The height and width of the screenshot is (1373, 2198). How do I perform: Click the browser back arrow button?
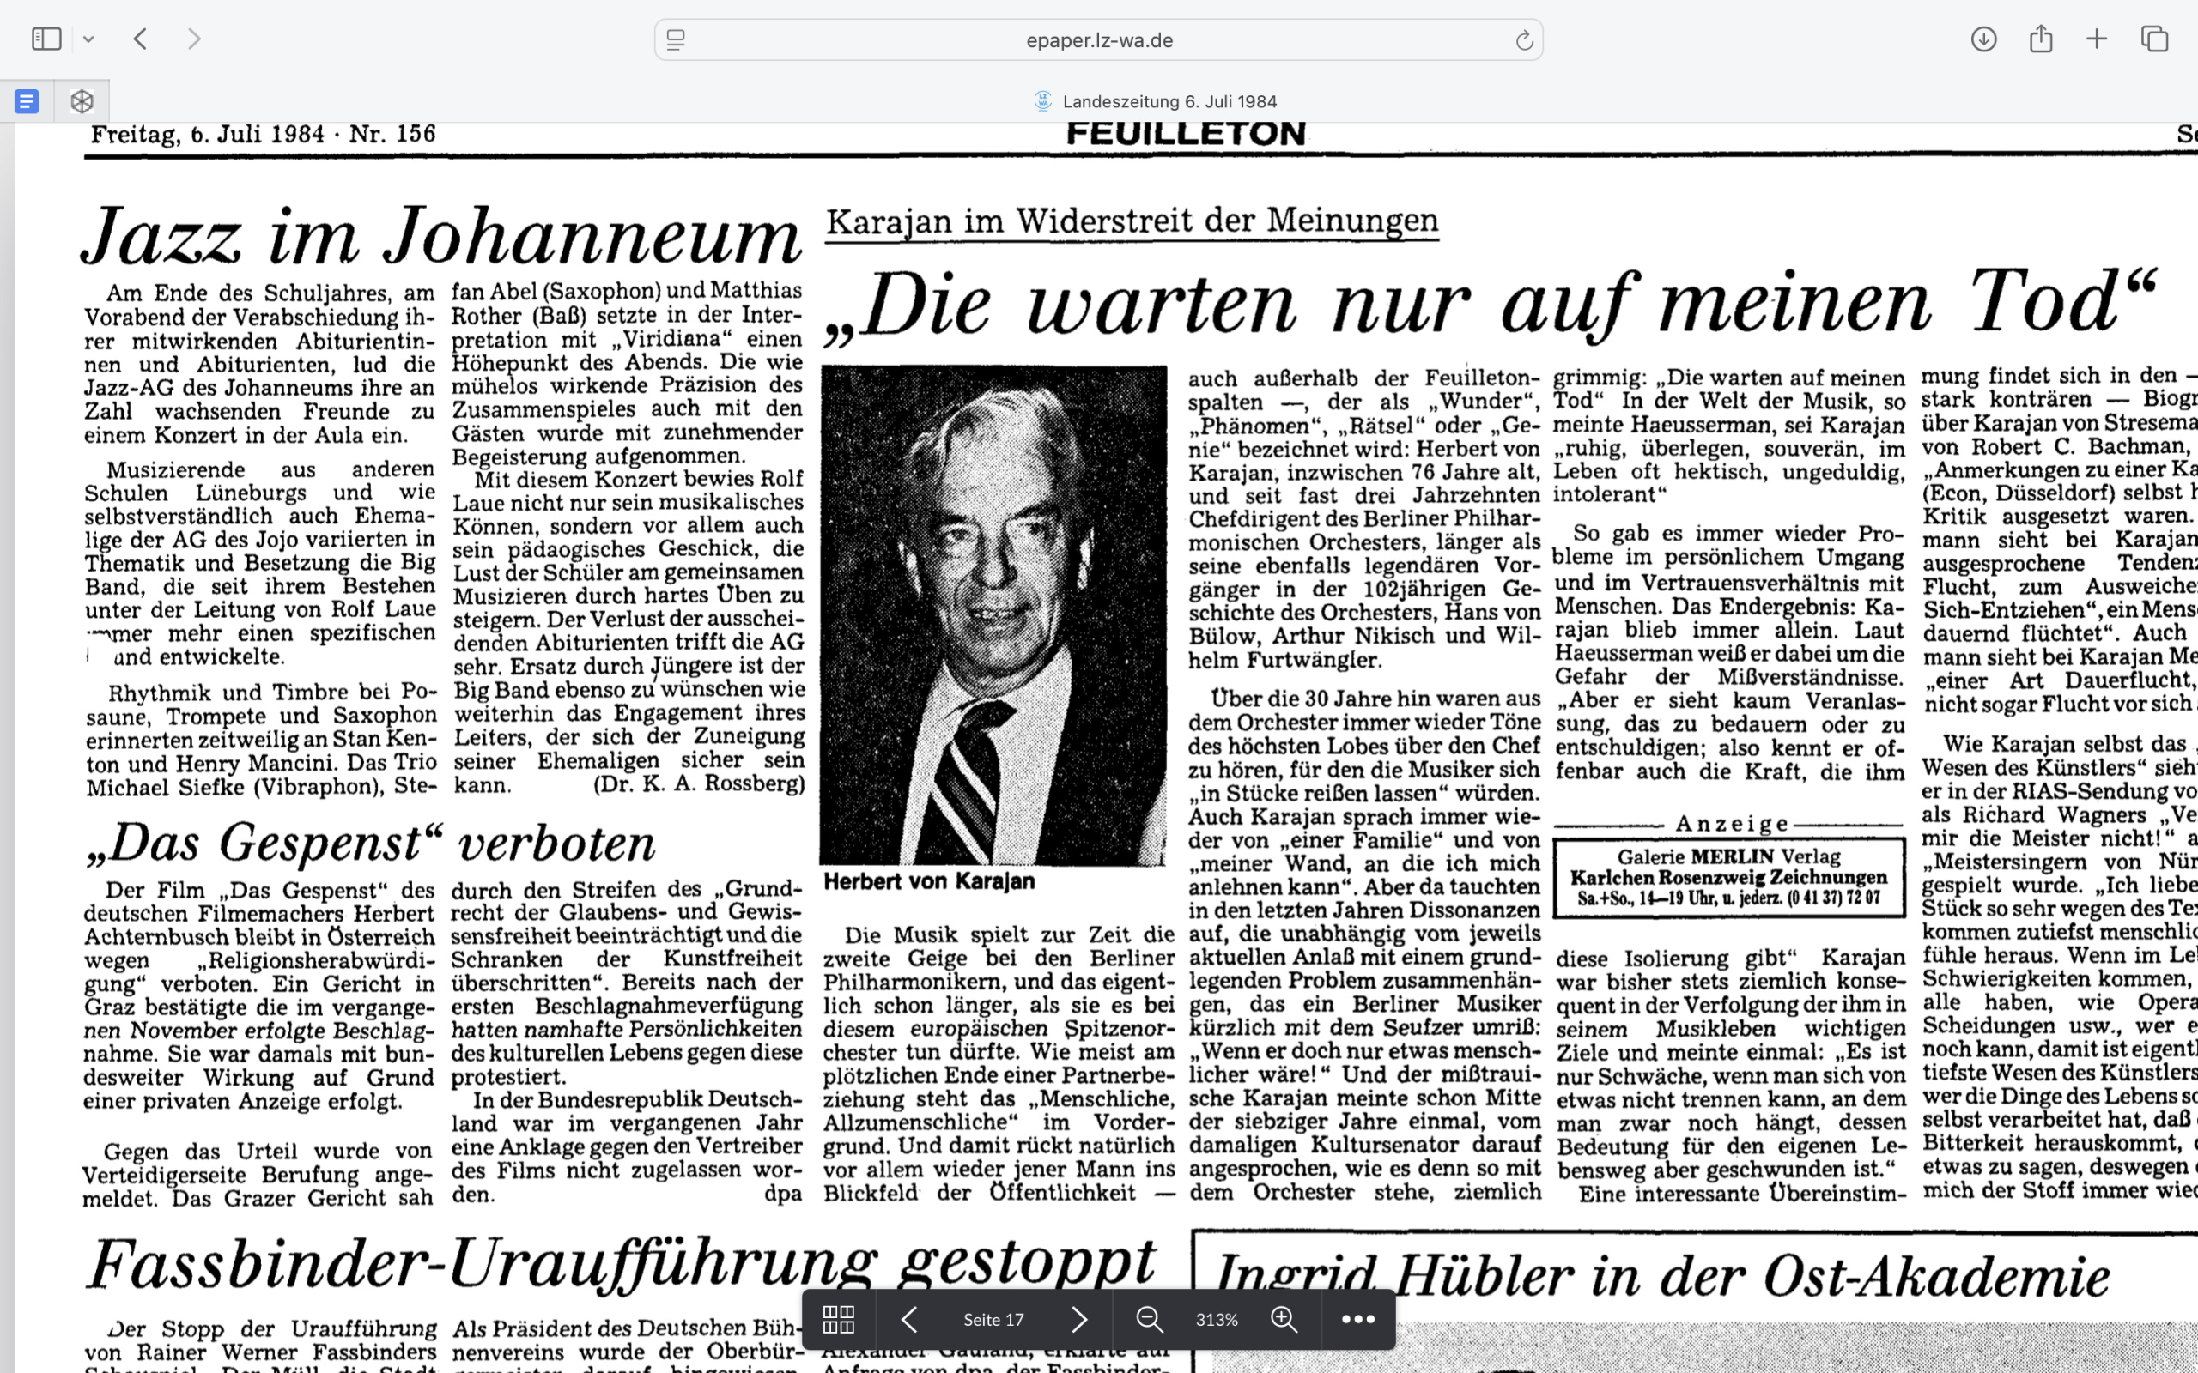(x=140, y=39)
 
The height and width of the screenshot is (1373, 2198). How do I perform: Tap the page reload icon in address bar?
(x=1523, y=40)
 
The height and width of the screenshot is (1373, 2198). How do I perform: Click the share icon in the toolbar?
(x=2041, y=39)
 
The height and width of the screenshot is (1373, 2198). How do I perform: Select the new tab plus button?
(x=2097, y=39)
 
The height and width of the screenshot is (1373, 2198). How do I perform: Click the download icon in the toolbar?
(x=1983, y=39)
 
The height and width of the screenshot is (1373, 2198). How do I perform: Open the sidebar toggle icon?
(x=46, y=39)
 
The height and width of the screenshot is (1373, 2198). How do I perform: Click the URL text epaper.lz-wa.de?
(x=1099, y=40)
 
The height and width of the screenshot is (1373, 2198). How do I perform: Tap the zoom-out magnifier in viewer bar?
(x=1149, y=1319)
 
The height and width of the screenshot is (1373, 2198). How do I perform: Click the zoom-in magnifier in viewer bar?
(x=1284, y=1319)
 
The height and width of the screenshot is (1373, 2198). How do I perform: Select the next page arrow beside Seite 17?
(x=1079, y=1319)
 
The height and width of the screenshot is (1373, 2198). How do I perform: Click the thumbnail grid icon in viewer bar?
(x=837, y=1319)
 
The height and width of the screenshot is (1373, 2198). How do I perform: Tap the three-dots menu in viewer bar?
(x=1357, y=1319)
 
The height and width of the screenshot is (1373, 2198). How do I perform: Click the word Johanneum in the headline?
(x=592, y=238)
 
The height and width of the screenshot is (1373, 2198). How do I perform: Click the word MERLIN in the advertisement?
(x=1731, y=856)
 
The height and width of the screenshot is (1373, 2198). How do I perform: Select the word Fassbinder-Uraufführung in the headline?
(x=483, y=1265)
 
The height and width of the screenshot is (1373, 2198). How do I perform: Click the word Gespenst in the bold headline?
(x=319, y=843)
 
